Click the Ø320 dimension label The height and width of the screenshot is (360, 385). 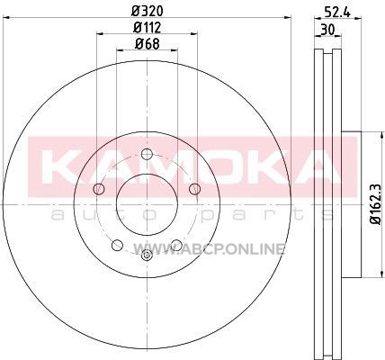[x=147, y=12]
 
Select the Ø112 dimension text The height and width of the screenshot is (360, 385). [x=147, y=28]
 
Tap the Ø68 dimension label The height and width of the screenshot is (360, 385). [x=147, y=44]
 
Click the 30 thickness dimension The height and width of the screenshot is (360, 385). [x=327, y=30]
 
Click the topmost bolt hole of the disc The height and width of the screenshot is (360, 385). [x=147, y=155]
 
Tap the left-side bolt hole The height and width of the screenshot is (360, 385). [x=99, y=189]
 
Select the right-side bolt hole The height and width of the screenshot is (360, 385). [x=195, y=189]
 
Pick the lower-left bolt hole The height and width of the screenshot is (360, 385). [x=117, y=245]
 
